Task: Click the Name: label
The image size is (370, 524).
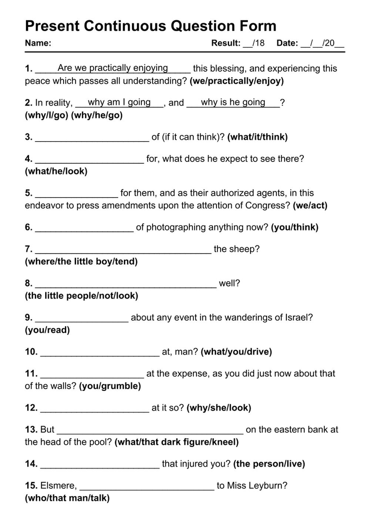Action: point(38,43)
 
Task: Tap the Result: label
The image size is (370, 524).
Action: point(226,43)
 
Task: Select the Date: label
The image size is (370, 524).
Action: point(287,43)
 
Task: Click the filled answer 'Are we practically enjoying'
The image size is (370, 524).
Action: point(112,68)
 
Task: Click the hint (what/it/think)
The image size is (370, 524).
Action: point(258,137)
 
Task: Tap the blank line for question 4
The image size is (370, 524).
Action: point(89,162)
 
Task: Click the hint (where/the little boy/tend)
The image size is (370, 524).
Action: point(81,262)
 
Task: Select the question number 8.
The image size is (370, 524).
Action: point(29,283)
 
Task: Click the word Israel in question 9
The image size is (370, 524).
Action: point(299,318)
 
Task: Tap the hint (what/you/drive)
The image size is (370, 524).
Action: point(236,352)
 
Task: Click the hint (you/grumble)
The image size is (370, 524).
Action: point(110,386)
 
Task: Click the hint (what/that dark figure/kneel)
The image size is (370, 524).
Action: point(176,442)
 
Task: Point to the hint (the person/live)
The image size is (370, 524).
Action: point(269,464)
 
